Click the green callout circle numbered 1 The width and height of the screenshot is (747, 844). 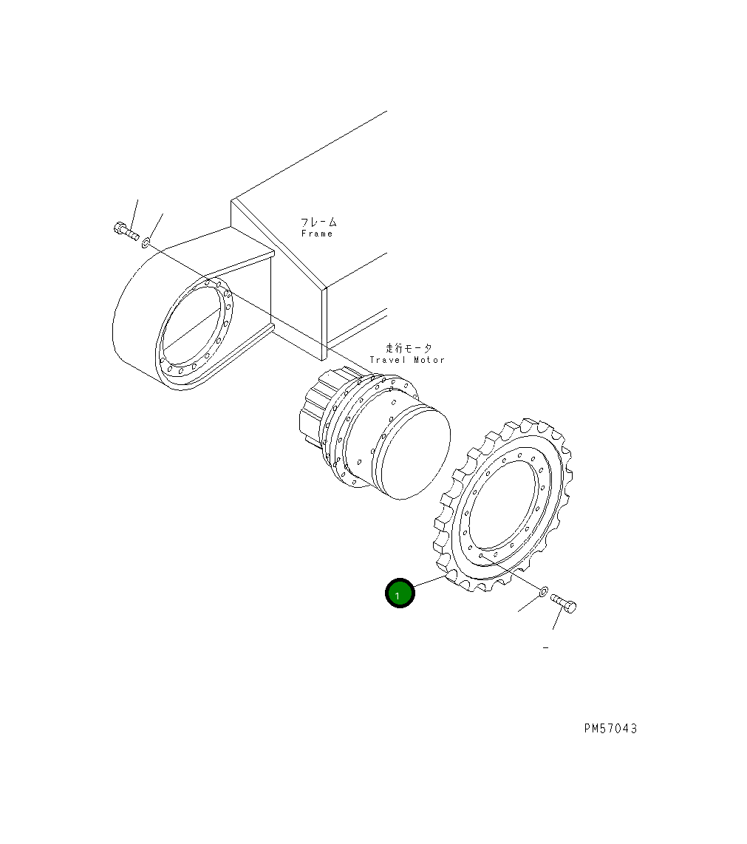coord(400,593)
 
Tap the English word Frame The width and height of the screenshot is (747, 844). coord(317,234)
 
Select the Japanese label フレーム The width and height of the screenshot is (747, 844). coord(319,221)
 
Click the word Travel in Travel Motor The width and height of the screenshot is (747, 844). coord(387,360)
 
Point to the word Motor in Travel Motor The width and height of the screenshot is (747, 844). coord(429,360)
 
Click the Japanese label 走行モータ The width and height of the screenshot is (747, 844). coord(409,347)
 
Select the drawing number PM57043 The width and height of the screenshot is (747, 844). coord(611,728)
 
